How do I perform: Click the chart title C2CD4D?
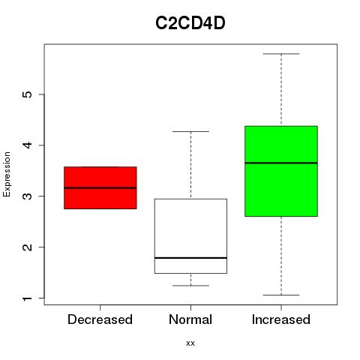click(190, 23)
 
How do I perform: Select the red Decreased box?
click(100, 187)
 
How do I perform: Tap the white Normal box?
click(190, 236)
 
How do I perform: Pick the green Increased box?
click(281, 171)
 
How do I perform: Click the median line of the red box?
click(100, 187)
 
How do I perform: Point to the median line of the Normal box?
click(190, 258)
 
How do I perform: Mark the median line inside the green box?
click(281, 163)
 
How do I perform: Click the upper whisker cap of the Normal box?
click(190, 131)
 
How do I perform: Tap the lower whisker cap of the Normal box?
click(190, 286)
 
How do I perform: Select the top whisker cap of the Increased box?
click(281, 54)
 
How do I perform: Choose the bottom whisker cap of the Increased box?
click(281, 295)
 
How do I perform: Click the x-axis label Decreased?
click(100, 319)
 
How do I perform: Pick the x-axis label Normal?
click(190, 319)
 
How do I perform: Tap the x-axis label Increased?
click(281, 319)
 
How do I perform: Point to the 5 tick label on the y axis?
click(28, 94)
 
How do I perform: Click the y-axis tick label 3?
click(28, 196)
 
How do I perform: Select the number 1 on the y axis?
click(28, 298)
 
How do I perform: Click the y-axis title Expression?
click(7, 174)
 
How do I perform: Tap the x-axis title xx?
click(190, 343)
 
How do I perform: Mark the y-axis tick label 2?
click(28, 247)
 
